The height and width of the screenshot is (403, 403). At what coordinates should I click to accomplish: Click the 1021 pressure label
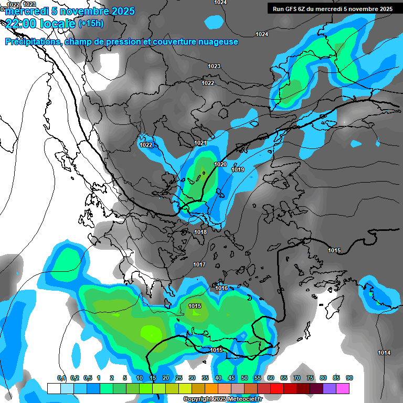(x=200, y=143)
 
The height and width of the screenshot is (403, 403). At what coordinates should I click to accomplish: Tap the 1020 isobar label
(x=220, y=164)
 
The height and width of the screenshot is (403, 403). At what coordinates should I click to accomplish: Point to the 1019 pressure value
(x=238, y=169)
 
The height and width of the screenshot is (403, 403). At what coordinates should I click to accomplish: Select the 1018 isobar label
(x=200, y=232)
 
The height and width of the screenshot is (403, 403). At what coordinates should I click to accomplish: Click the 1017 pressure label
(x=199, y=264)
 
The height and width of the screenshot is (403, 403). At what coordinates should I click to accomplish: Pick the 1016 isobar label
(x=221, y=288)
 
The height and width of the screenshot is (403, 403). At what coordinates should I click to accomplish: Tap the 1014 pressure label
(x=384, y=352)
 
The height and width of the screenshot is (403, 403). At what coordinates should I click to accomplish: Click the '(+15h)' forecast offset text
(x=91, y=24)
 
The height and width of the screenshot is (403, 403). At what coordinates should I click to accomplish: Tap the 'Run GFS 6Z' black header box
(x=331, y=8)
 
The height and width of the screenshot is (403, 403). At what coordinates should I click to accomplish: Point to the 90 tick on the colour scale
(x=349, y=378)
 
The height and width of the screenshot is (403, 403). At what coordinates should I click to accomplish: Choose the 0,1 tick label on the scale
(x=61, y=378)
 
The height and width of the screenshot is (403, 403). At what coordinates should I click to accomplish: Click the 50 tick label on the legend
(x=245, y=378)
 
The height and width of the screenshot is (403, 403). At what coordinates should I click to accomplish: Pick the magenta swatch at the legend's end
(x=343, y=388)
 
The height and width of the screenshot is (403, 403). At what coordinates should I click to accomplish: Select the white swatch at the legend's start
(x=54, y=388)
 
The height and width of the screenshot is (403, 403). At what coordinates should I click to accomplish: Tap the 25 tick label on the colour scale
(x=179, y=378)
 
